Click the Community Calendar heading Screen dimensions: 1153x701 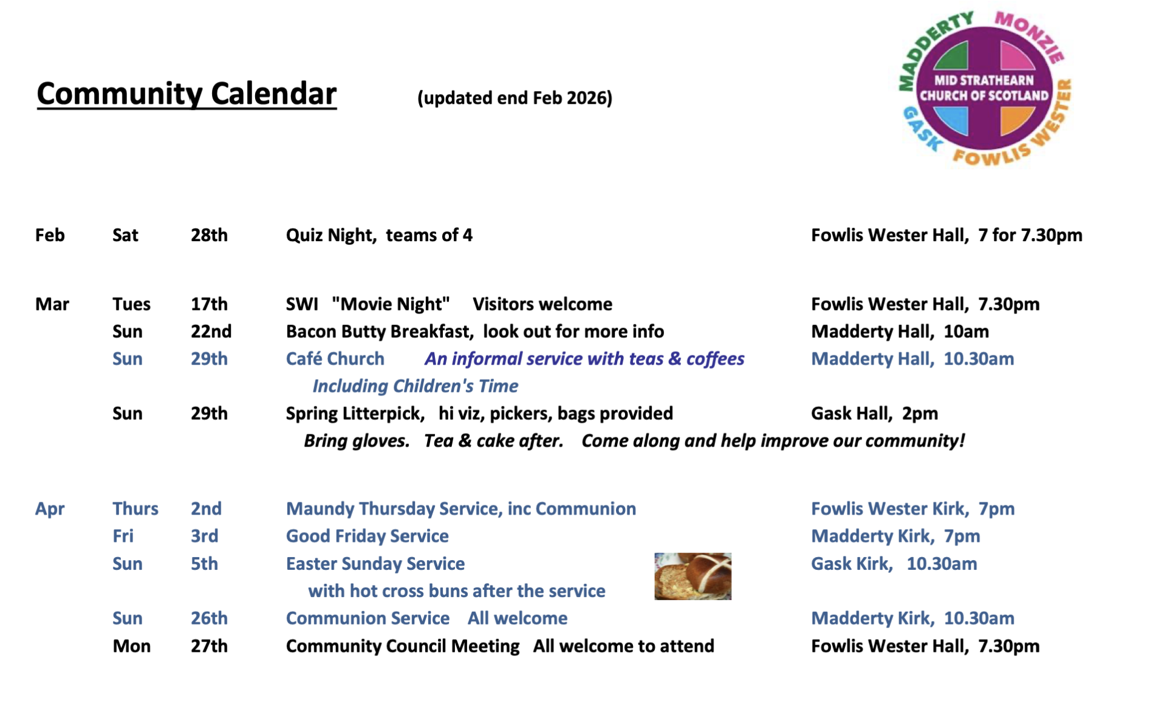tap(186, 94)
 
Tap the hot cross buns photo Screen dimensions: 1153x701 tap(693, 576)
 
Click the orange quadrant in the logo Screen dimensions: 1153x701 tap(1016, 120)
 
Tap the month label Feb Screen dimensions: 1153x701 tap(50, 235)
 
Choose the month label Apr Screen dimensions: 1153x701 tap(50, 509)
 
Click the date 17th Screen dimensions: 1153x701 tap(209, 304)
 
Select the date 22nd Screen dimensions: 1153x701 tap(211, 331)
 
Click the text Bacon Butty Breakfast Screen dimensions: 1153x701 tap(379, 332)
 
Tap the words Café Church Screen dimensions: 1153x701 tap(335, 358)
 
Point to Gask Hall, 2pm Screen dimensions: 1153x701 tap(874, 414)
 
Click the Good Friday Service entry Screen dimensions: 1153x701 tap(368, 536)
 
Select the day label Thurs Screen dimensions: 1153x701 tap(135, 508)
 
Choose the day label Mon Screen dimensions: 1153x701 tap(132, 646)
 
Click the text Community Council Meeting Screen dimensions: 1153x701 tap(403, 646)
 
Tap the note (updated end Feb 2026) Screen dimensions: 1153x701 tap(515, 98)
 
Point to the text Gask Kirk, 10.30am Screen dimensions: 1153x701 tap(894, 564)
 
